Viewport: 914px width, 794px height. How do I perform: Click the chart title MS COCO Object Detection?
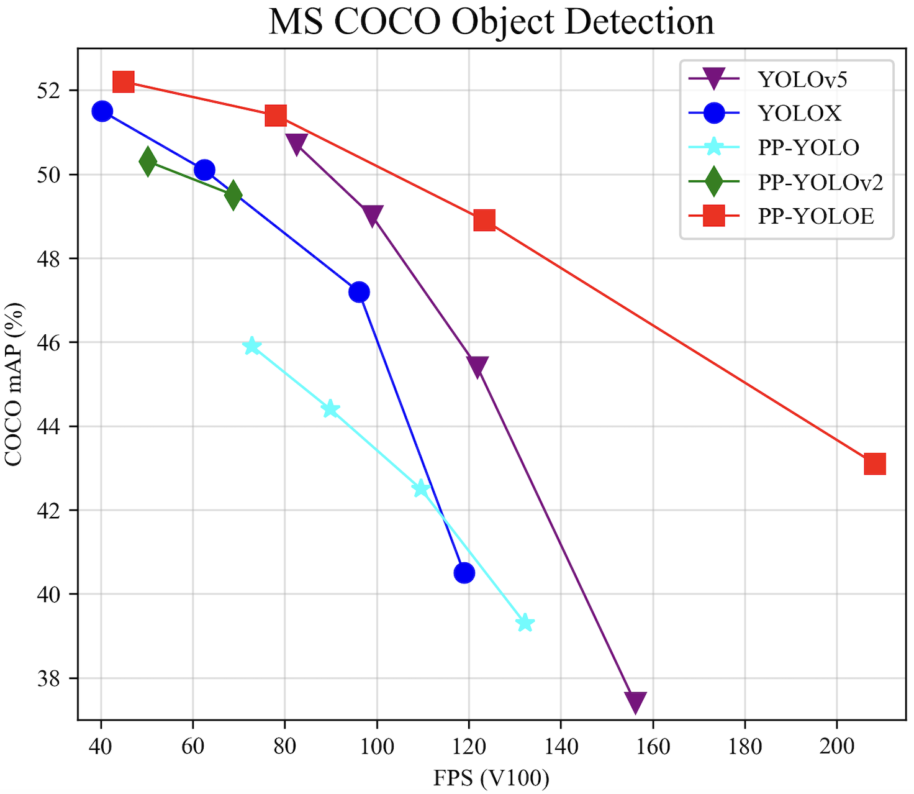(x=491, y=22)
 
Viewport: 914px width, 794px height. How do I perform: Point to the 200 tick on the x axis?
(x=836, y=746)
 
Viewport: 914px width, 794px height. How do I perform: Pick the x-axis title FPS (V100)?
(x=491, y=778)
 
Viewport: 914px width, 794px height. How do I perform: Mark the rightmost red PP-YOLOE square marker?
(x=874, y=463)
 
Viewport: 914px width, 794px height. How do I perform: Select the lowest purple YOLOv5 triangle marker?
(x=635, y=702)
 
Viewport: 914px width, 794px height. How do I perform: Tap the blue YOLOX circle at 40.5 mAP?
(x=464, y=573)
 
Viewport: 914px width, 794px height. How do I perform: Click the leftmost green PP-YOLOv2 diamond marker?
(x=148, y=162)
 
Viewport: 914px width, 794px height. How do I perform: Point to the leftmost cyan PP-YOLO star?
(x=252, y=346)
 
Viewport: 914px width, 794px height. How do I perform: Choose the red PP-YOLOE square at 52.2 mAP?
(x=124, y=81)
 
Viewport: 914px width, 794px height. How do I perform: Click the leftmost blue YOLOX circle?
(x=102, y=111)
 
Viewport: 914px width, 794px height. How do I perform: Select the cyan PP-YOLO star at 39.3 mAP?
(x=525, y=623)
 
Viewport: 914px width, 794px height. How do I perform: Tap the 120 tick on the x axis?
(x=469, y=746)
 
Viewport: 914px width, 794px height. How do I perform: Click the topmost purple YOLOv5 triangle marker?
(x=296, y=144)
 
